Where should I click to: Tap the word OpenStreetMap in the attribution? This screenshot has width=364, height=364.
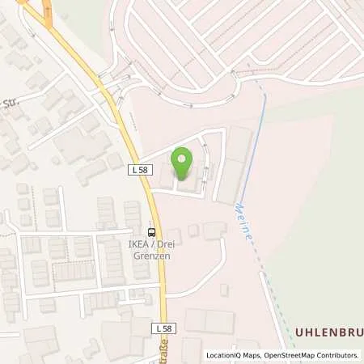[282, 355]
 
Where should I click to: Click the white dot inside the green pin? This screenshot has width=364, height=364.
[184, 157]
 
